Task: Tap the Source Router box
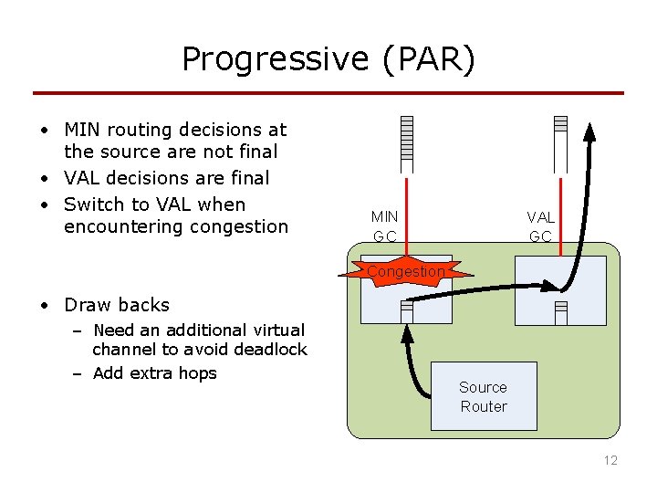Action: (x=484, y=397)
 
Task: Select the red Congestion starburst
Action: (x=406, y=271)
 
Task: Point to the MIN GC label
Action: (x=384, y=226)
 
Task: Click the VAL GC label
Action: (x=541, y=226)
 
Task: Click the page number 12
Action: (x=610, y=460)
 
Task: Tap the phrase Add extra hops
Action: (x=155, y=372)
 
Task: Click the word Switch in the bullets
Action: (x=93, y=204)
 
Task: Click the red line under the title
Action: (x=328, y=93)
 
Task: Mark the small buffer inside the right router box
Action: (x=561, y=311)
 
